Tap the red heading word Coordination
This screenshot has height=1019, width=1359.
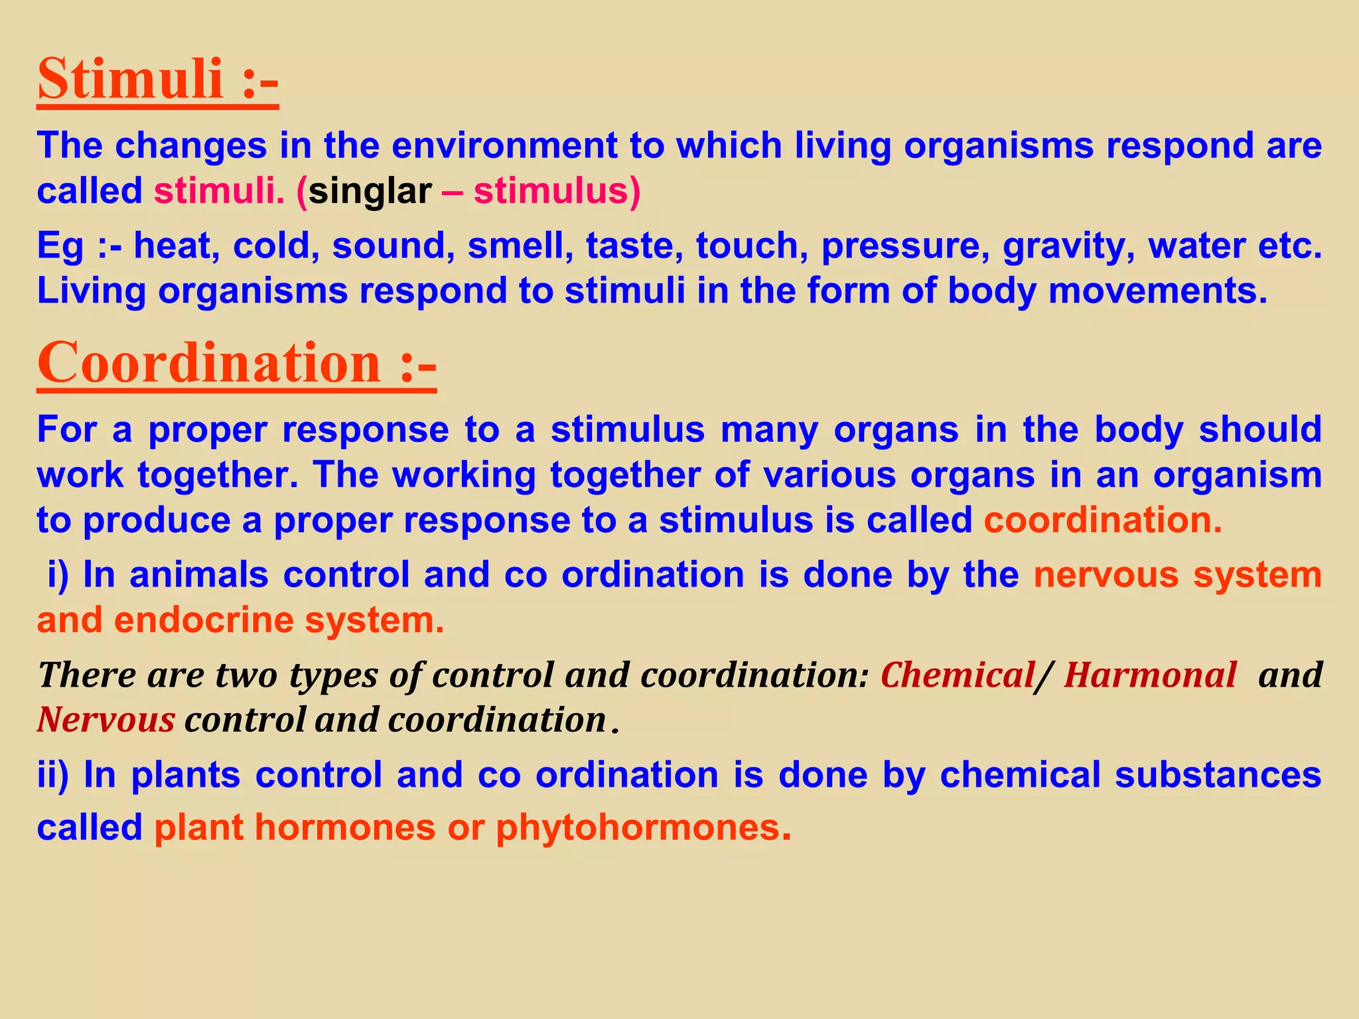209,363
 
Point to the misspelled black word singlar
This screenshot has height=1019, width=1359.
370,192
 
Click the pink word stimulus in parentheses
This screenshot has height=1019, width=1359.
551,192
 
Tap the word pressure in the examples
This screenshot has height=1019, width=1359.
900,246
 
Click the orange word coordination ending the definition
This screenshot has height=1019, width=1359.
1102,521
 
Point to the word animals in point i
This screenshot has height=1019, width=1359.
199,575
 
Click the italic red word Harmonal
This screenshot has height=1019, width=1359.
1150,675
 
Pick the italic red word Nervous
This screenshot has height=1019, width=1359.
106,720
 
